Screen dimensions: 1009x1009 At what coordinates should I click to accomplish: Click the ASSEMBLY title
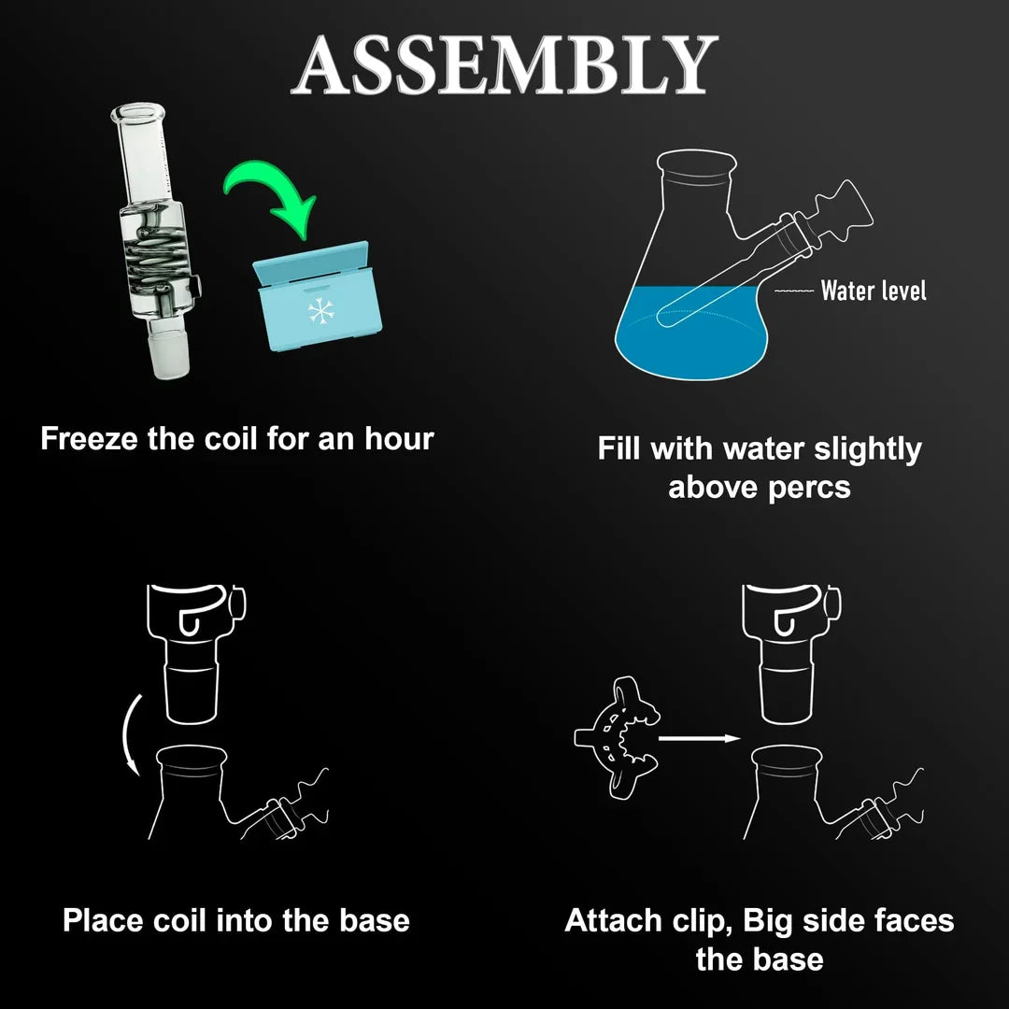click(x=504, y=64)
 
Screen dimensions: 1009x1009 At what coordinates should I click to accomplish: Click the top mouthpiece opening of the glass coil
click(x=137, y=113)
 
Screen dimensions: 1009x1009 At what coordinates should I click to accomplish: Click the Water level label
click(x=874, y=291)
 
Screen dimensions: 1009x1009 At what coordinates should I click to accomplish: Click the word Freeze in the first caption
click(x=89, y=439)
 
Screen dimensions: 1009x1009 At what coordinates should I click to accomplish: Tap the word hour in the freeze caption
click(x=400, y=439)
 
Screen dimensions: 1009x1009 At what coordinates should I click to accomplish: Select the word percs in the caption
click(x=809, y=488)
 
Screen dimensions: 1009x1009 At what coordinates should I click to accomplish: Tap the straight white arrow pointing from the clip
click(x=700, y=738)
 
